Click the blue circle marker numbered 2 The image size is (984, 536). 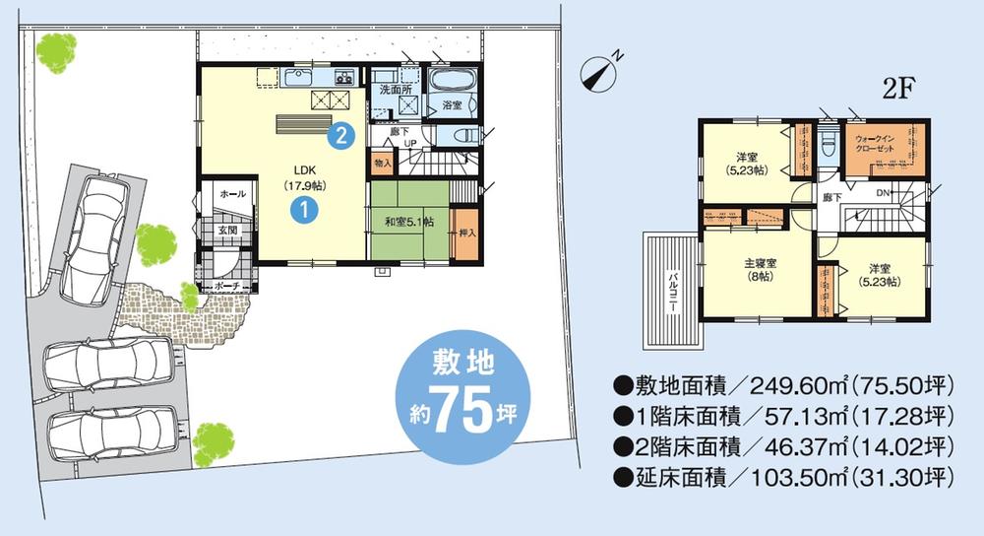(340, 135)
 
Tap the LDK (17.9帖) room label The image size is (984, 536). (299, 175)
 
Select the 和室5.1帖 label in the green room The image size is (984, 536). (406, 223)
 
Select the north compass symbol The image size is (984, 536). (600, 70)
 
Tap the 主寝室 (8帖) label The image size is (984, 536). (759, 270)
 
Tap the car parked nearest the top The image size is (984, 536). (94, 233)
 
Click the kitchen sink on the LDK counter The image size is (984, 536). (298, 77)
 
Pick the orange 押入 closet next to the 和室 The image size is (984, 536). (466, 234)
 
